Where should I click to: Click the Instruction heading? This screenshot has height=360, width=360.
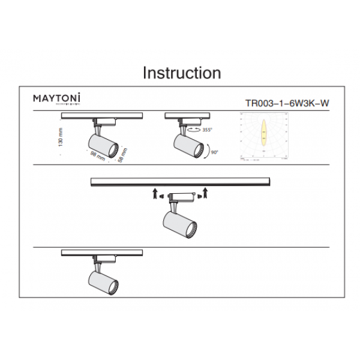(x=181, y=73)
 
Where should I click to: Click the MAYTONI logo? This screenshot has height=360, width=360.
(x=57, y=97)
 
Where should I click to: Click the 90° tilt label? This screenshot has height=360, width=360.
(x=214, y=154)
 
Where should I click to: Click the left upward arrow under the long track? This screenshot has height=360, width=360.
(x=154, y=193)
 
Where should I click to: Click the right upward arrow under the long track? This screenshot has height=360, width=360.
(x=205, y=193)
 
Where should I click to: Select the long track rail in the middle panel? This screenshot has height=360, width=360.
(x=180, y=181)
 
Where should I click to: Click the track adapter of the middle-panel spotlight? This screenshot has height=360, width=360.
(x=180, y=196)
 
